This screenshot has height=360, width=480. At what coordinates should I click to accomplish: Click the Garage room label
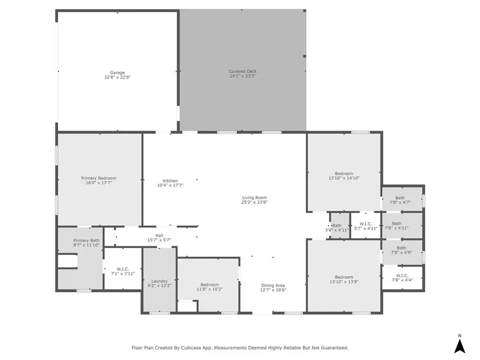(x=117, y=73)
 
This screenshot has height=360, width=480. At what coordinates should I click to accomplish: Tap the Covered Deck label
(x=243, y=71)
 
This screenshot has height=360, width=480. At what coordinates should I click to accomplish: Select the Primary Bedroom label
(x=99, y=178)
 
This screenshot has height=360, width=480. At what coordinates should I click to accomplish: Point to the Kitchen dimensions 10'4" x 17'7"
(x=170, y=185)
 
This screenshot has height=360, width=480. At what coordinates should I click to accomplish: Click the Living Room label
(x=254, y=198)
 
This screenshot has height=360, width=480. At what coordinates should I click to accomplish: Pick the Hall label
(x=159, y=235)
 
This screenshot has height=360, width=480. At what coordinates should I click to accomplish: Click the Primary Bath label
(x=86, y=241)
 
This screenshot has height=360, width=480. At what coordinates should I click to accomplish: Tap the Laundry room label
(x=159, y=281)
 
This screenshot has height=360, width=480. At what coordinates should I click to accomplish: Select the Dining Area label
(x=273, y=285)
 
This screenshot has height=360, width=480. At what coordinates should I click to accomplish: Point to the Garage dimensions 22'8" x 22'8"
(x=117, y=77)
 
